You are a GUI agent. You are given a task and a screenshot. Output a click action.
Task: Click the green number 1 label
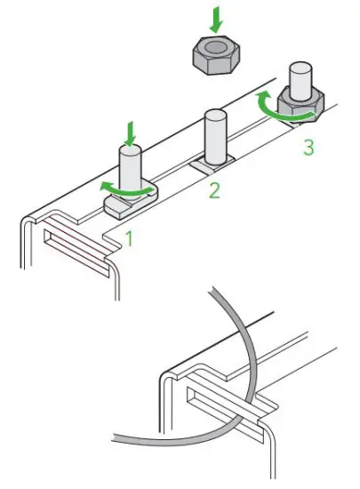(129, 238)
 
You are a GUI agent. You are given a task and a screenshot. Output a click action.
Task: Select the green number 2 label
(213, 189)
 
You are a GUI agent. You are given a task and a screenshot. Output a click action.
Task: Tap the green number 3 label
(308, 148)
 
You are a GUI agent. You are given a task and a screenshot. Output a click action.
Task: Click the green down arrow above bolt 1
(131, 134)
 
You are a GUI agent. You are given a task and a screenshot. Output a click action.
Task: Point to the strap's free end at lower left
(120, 437)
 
